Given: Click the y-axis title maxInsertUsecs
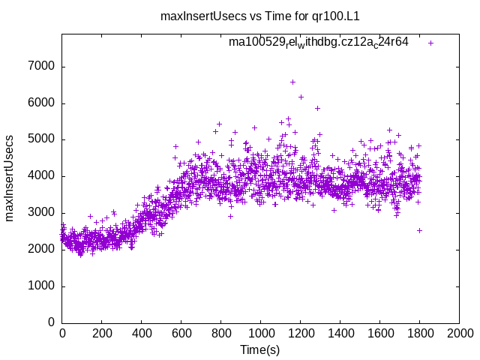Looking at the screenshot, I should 10,178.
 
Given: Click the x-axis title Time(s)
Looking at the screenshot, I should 259,349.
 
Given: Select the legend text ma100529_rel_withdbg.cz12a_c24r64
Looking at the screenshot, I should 319,43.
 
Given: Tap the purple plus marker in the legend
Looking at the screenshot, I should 430,43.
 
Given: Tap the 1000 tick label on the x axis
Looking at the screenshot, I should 260,332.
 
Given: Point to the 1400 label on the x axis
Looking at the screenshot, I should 340,332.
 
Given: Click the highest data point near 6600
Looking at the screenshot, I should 292,82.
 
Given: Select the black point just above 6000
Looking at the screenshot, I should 301,97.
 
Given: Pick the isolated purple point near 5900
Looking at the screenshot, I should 317,108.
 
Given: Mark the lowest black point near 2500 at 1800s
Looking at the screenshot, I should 419,230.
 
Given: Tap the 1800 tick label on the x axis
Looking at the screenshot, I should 419,332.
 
